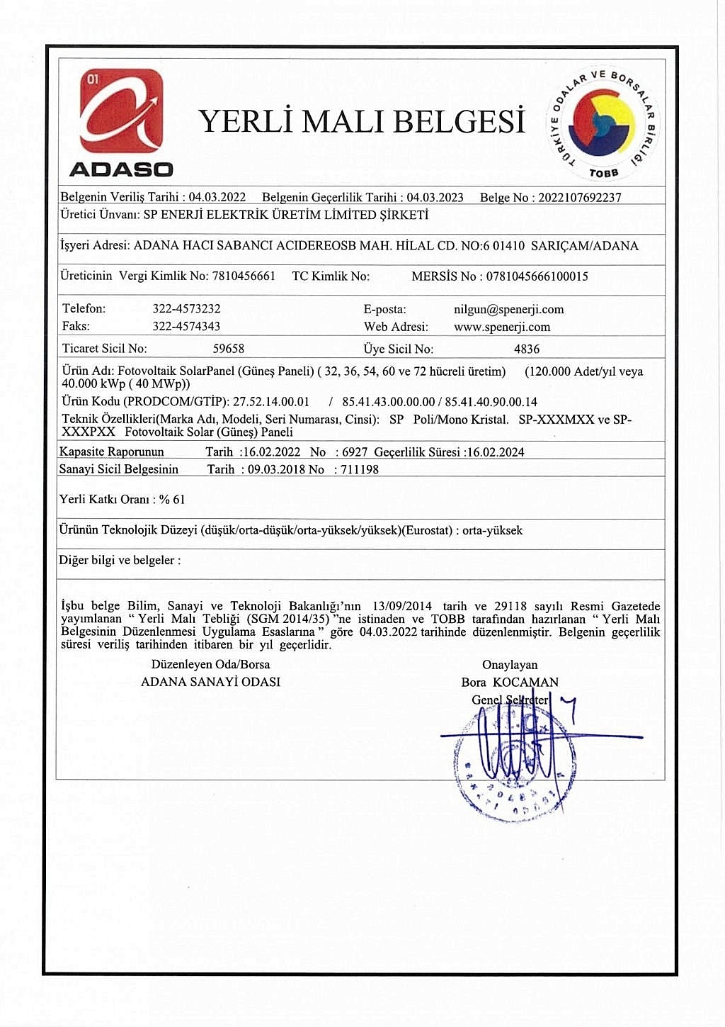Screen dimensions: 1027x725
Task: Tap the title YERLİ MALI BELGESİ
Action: click(362, 122)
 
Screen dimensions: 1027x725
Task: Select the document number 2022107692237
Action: click(579, 198)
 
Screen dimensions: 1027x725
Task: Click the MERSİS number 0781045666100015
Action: click(537, 276)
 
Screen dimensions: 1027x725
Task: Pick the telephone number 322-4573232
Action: click(186, 309)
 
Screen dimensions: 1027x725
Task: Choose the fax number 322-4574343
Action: click(186, 327)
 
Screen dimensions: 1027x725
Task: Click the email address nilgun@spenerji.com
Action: click(508, 310)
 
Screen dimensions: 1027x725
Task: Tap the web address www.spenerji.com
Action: click(501, 327)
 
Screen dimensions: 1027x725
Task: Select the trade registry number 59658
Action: click(229, 349)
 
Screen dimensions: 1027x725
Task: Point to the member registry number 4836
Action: click(527, 349)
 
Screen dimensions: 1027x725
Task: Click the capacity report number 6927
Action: click(355, 452)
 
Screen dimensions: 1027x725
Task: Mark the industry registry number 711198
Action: click(360, 469)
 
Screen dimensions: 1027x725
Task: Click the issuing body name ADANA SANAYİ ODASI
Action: click(210, 682)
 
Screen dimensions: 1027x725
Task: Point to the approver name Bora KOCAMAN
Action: click(510, 683)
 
